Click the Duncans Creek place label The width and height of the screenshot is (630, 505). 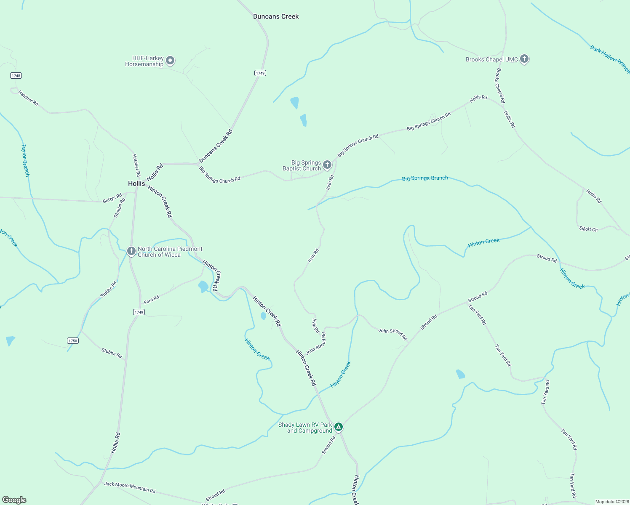[x=276, y=16]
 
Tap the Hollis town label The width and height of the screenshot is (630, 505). [x=136, y=183]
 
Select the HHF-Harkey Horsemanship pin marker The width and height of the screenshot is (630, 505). [x=170, y=61]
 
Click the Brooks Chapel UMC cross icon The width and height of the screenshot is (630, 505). [x=524, y=59]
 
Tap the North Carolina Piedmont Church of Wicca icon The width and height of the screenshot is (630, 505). [x=131, y=251]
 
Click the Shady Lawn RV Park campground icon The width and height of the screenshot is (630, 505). [x=339, y=427]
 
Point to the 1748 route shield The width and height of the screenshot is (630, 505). [x=16, y=76]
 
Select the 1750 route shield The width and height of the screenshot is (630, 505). [x=73, y=340]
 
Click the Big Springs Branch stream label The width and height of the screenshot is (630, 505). [x=425, y=178]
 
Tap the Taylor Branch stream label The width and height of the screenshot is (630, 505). [x=26, y=160]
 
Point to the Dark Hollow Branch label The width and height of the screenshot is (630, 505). [x=609, y=59]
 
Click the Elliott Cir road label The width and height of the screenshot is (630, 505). [x=588, y=229]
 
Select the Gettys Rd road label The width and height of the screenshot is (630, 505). [x=112, y=198]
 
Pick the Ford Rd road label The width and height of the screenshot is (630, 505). [x=152, y=300]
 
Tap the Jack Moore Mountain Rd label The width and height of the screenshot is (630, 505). [x=130, y=487]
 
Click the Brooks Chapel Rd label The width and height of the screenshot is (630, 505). [x=500, y=86]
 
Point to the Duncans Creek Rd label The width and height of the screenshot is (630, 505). [x=216, y=146]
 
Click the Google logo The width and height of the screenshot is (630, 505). [x=14, y=500]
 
